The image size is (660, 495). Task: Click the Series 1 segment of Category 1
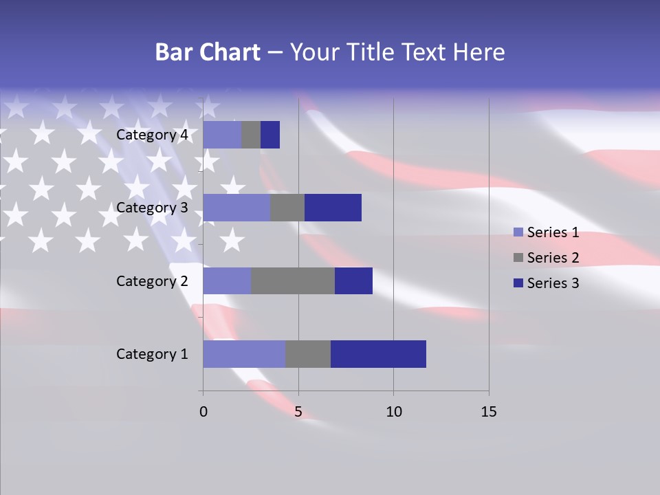(x=243, y=354)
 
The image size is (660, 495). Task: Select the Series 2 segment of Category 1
(x=307, y=354)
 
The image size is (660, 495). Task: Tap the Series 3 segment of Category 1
(x=378, y=354)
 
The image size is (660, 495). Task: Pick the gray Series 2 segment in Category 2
(x=293, y=280)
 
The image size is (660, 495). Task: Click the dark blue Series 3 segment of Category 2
(x=353, y=280)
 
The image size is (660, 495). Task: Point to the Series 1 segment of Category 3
(x=236, y=208)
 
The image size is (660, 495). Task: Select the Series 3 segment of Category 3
(x=333, y=208)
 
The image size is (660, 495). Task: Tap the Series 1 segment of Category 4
(x=221, y=135)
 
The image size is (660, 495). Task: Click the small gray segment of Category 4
(x=250, y=135)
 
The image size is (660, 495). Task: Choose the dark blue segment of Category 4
(x=270, y=135)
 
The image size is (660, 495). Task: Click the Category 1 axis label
(x=152, y=354)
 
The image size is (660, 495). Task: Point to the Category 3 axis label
(x=152, y=208)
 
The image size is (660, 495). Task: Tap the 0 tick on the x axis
(x=203, y=412)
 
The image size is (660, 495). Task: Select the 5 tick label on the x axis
(x=298, y=412)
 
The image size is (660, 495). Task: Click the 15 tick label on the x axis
(x=488, y=412)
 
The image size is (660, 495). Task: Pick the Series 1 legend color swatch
(x=518, y=232)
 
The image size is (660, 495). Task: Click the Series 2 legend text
(x=553, y=258)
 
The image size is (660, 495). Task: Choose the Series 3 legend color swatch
(x=518, y=283)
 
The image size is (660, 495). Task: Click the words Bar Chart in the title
(x=208, y=52)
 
